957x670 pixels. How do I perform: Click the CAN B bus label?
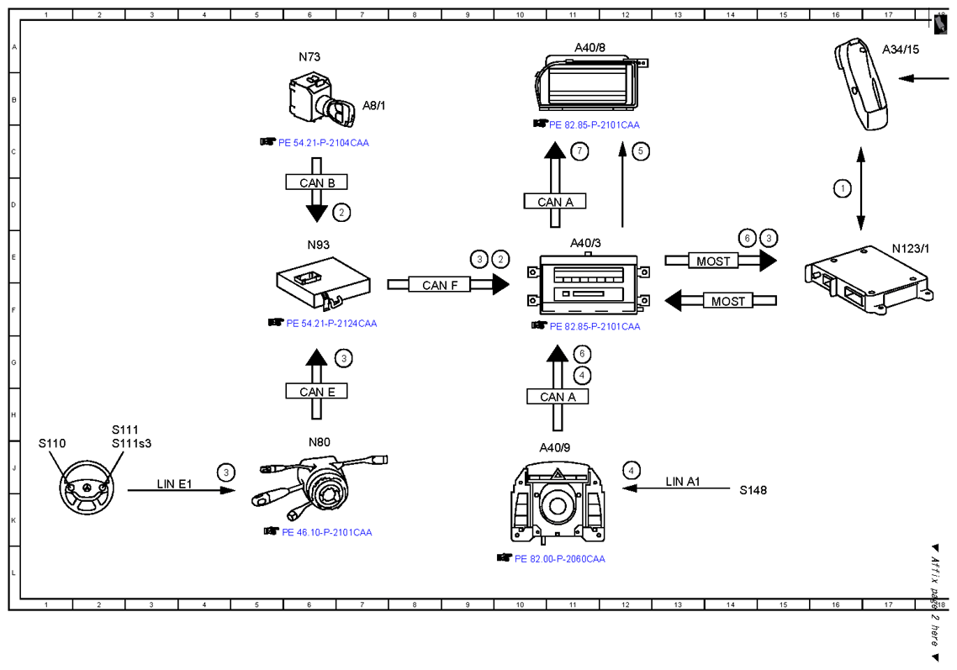[x=317, y=182]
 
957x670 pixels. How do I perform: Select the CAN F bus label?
[x=440, y=285]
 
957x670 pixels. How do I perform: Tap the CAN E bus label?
[x=317, y=391]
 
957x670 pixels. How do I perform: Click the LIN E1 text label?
[x=174, y=484]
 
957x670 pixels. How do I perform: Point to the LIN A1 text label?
[x=682, y=482]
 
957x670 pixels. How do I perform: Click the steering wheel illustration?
[x=87, y=488]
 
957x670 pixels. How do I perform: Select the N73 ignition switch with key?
[x=321, y=99]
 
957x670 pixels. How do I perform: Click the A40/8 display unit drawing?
[x=591, y=82]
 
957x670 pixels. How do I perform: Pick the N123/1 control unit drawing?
[x=869, y=279]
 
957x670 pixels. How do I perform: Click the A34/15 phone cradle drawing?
[x=861, y=83]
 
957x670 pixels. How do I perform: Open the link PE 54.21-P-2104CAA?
[x=324, y=143]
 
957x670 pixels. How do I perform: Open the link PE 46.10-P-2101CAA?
[x=326, y=532]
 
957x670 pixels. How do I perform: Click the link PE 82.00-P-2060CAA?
[x=560, y=559]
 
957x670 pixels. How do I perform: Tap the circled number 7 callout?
[x=579, y=150]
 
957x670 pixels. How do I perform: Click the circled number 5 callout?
[x=640, y=150]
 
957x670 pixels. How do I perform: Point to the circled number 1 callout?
[x=843, y=188]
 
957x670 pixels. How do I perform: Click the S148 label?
[x=753, y=490]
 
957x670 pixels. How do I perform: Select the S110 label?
[x=52, y=443]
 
